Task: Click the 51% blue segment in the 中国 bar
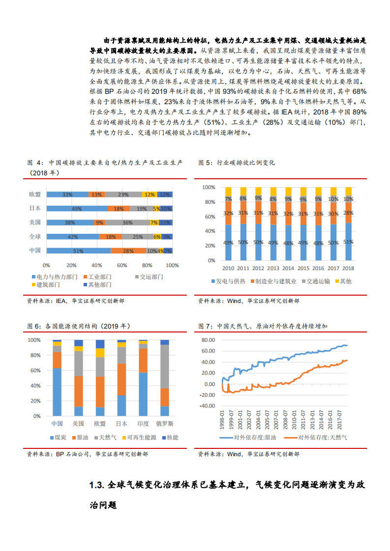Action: coord(78,250)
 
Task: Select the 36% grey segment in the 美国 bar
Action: coord(127,222)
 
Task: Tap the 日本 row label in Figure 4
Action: coord(35,208)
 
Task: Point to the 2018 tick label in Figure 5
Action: coord(349,269)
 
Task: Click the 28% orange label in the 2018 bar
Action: coord(349,213)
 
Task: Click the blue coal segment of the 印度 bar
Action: coord(143,394)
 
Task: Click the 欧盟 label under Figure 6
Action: coord(100,424)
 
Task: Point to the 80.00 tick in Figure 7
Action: coord(209,340)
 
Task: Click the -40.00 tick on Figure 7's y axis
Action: coord(208,406)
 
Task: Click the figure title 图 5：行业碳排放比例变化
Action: coord(237,162)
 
